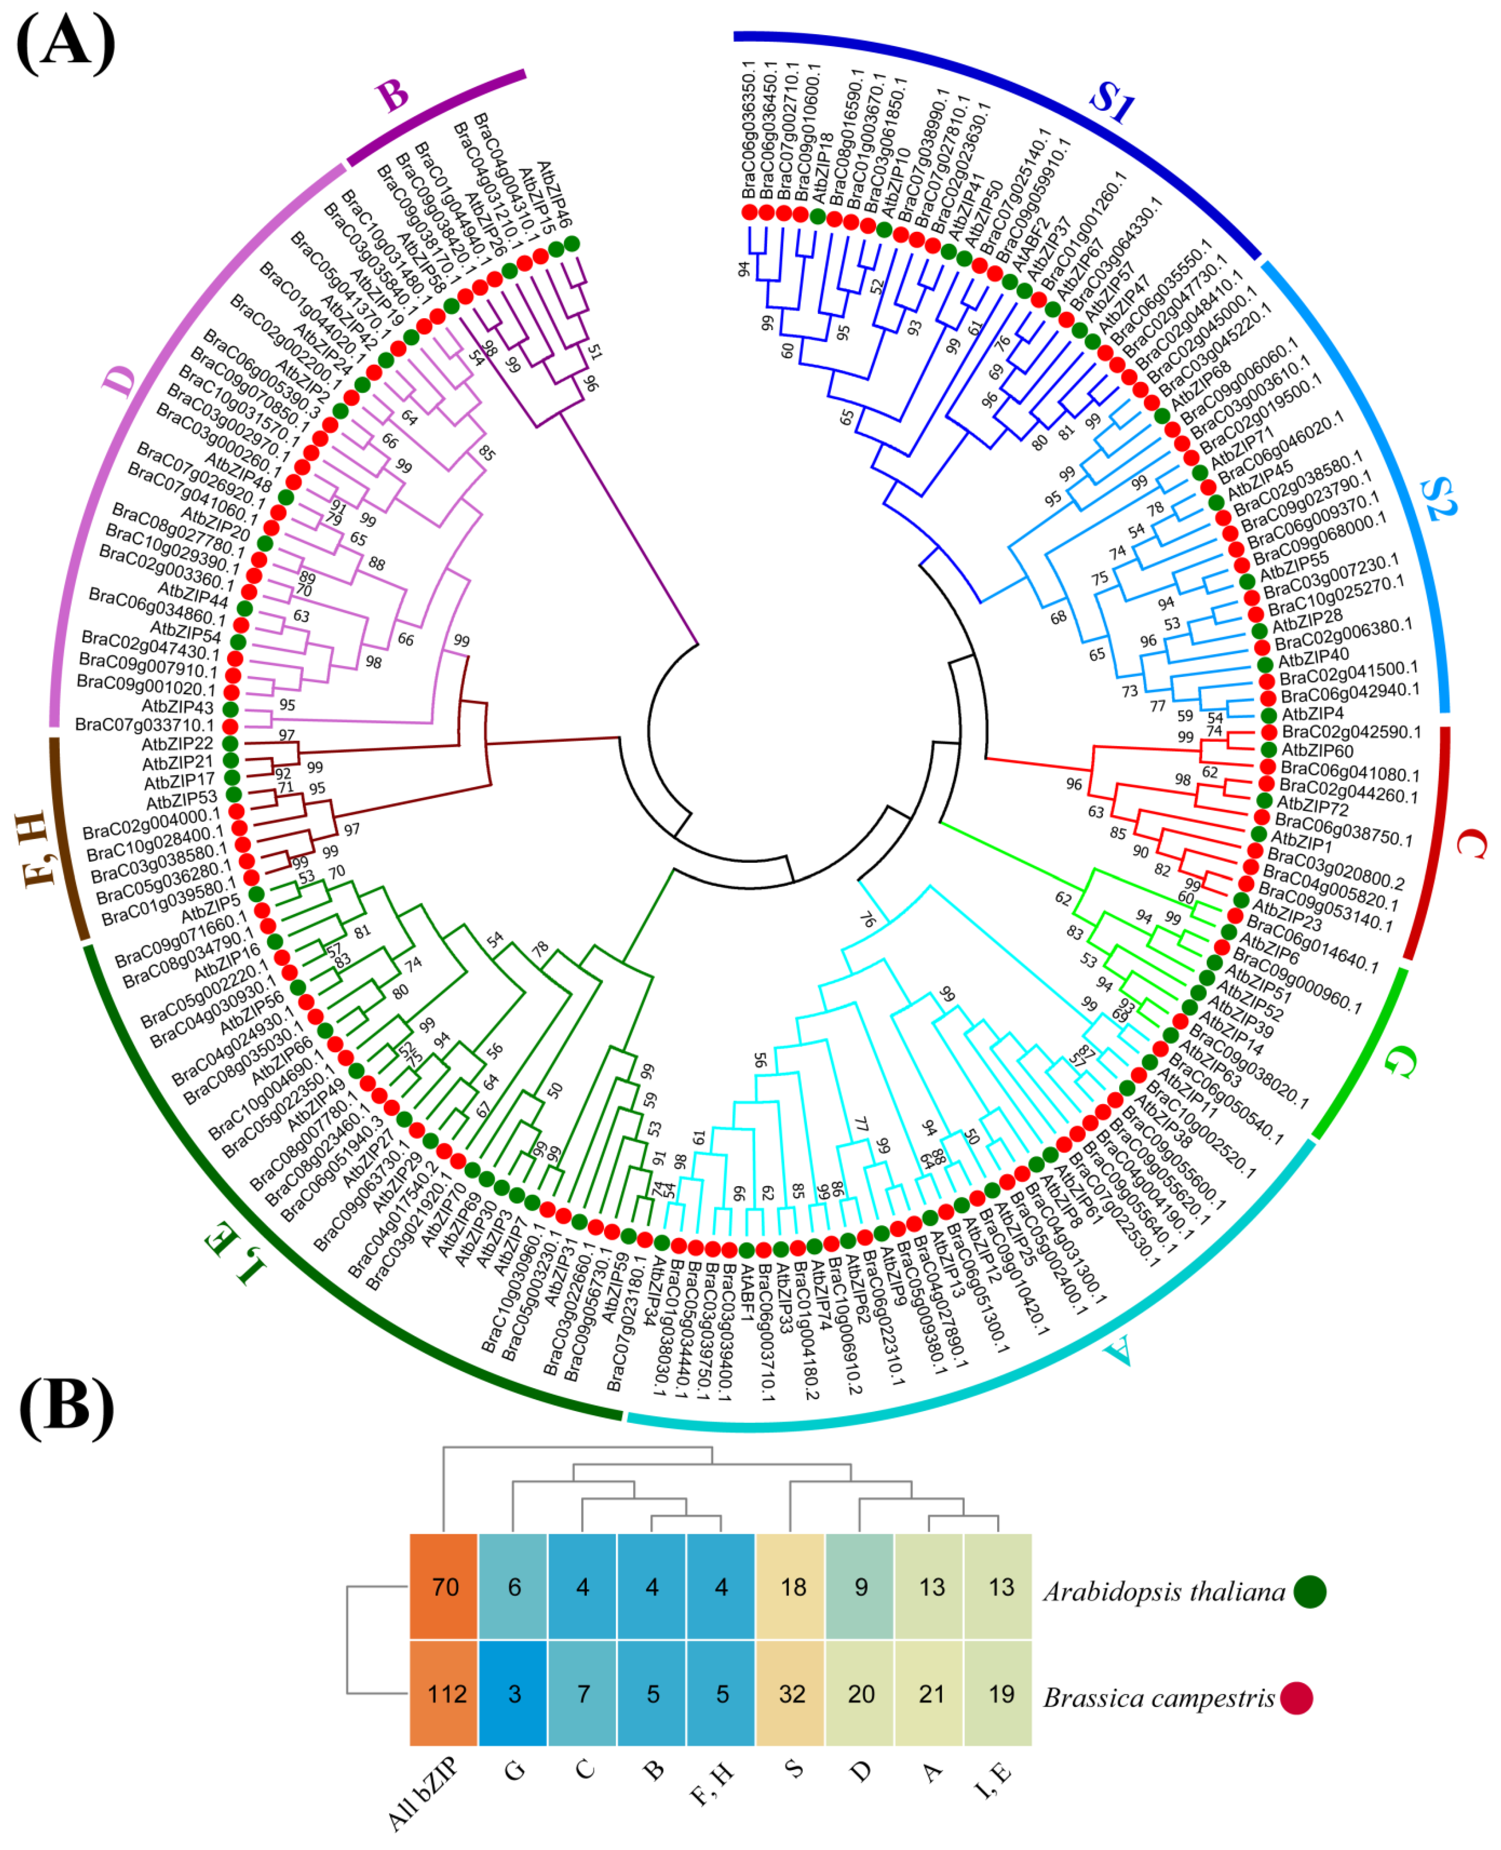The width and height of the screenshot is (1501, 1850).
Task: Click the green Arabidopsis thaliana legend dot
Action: [x=1311, y=1591]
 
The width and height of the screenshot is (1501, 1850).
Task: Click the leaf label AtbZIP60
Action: [x=1317, y=751]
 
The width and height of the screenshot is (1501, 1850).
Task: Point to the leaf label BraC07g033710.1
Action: [x=143, y=725]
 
